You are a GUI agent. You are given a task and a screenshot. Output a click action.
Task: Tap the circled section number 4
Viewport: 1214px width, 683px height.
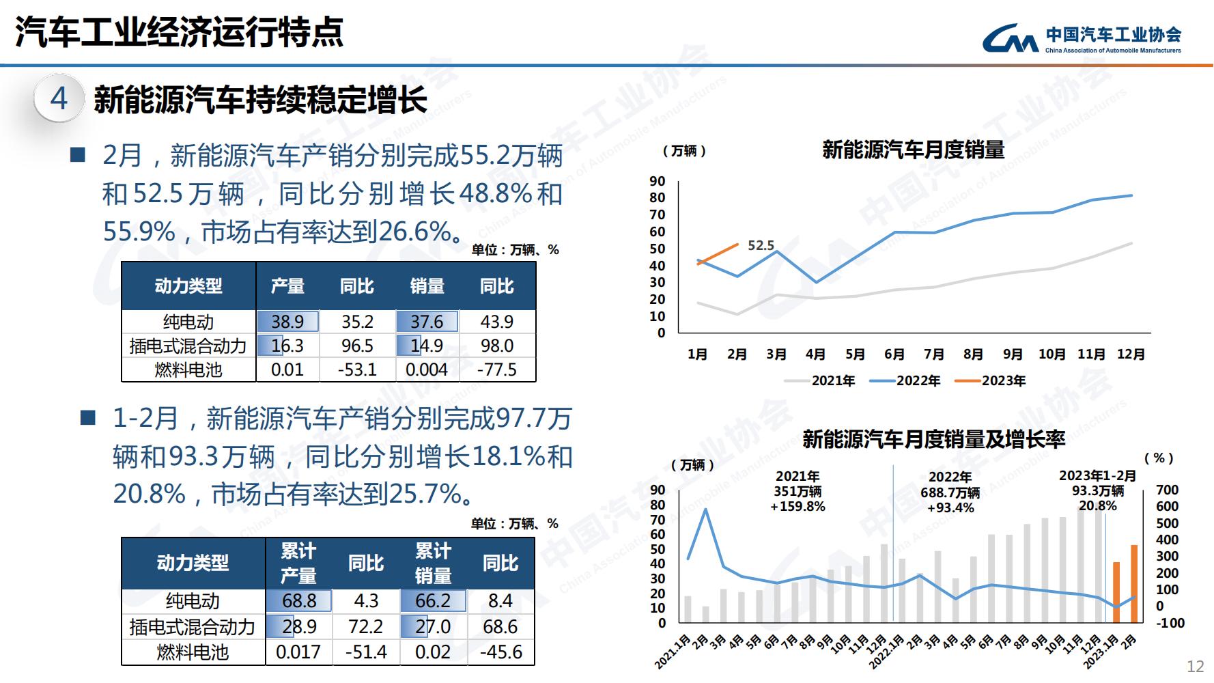tap(59, 99)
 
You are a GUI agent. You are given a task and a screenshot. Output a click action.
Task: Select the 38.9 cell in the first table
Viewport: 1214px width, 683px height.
tap(287, 322)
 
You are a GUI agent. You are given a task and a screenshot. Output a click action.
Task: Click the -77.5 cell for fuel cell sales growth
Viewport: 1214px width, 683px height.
tap(497, 370)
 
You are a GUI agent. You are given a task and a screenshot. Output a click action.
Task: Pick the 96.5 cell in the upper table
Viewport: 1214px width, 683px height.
tap(357, 346)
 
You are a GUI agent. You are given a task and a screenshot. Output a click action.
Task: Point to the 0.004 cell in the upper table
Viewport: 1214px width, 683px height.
tap(427, 370)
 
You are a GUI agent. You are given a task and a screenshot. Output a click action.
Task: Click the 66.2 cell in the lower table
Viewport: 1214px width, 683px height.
tap(433, 601)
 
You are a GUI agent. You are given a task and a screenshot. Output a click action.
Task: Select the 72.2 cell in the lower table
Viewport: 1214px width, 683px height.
tap(366, 626)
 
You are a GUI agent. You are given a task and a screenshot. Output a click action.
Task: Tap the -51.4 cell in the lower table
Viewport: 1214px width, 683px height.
tap(366, 652)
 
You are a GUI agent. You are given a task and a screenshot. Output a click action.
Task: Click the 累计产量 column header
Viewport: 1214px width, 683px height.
tap(298, 563)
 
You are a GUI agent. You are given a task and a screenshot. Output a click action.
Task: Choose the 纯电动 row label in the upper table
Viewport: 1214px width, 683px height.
tap(188, 322)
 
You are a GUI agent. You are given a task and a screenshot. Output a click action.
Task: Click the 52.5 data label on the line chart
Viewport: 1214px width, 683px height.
tap(761, 245)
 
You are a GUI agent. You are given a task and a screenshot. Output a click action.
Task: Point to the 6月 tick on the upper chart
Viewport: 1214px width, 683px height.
tap(894, 354)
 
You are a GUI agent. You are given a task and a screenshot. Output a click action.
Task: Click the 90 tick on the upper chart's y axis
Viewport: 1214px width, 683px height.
tap(657, 181)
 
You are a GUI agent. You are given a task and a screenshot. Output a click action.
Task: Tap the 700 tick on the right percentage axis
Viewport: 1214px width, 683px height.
tap(1167, 490)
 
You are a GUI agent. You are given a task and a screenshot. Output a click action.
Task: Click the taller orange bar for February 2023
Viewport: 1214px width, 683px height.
tap(1133, 584)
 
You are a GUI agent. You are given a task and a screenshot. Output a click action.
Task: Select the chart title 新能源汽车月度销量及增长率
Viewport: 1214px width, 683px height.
tap(933, 439)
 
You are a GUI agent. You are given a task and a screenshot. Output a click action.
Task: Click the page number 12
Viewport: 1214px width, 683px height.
tap(1196, 667)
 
